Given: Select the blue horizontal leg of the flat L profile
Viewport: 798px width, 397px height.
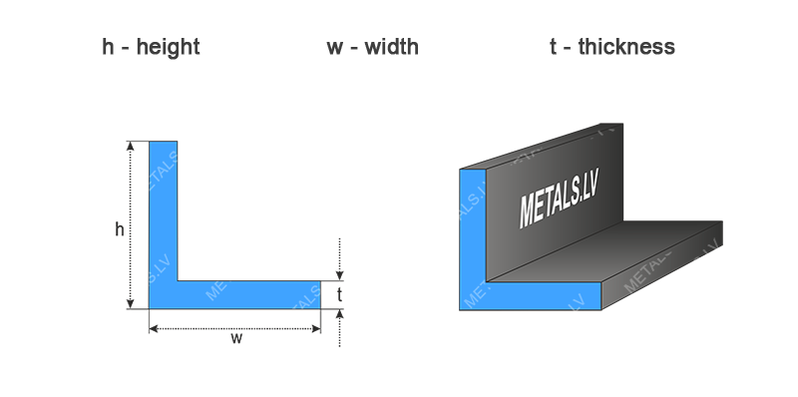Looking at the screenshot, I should point(239,296).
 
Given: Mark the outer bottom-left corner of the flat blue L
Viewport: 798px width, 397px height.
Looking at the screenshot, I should point(150,309).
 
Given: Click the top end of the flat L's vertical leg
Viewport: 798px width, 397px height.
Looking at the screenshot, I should point(163,144).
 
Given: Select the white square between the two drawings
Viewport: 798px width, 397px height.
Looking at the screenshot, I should point(401,231).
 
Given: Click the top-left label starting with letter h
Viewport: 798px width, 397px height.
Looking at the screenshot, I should point(151,47).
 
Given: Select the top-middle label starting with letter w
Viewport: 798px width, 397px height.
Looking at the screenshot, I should point(371,47).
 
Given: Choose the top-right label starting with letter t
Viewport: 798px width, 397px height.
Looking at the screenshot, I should point(611,47).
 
